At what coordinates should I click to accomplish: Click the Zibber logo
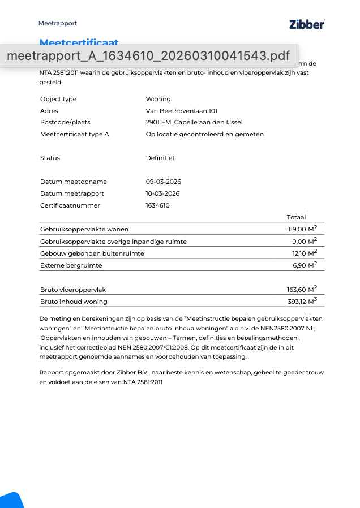[307, 24]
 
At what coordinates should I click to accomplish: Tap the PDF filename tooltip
[148, 56]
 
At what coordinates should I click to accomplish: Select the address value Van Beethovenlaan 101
[181, 111]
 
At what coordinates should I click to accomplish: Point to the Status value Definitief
[160, 158]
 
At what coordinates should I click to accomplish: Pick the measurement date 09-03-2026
[164, 182]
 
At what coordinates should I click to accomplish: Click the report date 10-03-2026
[163, 193]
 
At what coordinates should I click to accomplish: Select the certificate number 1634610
[158, 205]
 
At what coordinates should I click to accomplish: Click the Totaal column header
[296, 217]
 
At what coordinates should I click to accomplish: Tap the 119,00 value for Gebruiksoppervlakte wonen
[297, 229]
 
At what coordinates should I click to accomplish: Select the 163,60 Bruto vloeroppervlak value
[296, 290]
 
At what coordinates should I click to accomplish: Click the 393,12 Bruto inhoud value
[297, 302]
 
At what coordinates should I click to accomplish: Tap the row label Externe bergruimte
[71, 265]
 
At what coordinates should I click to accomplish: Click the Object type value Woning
[158, 99]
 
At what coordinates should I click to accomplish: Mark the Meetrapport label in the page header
[58, 23]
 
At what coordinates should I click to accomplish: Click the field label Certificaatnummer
[70, 205]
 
